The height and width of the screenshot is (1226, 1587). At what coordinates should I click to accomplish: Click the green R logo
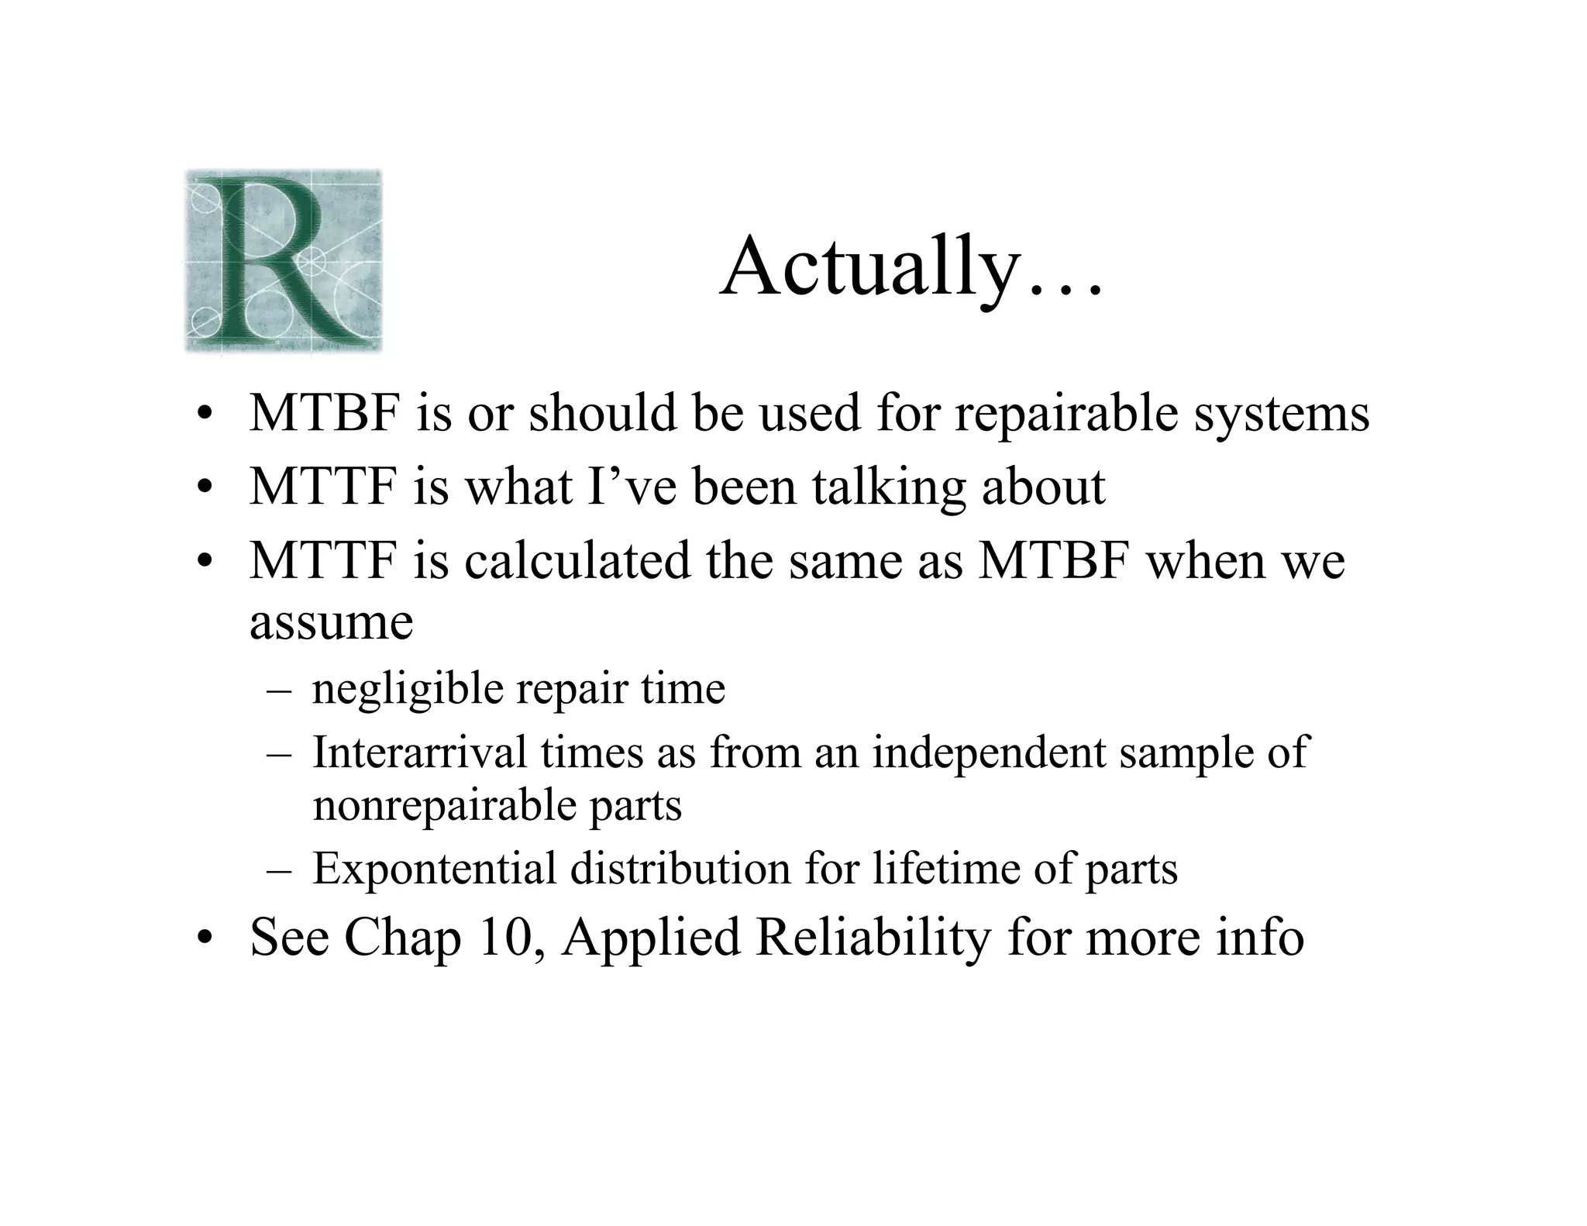(x=284, y=262)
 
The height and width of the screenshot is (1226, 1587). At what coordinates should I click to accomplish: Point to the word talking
(x=889, y=487)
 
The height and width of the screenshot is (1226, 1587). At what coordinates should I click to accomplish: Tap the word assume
(x=331, y=622)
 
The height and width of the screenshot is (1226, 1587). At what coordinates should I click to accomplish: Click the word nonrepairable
(x=443, y=806)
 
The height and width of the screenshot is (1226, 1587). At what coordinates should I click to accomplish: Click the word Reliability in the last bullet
(x=873, y=938)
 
